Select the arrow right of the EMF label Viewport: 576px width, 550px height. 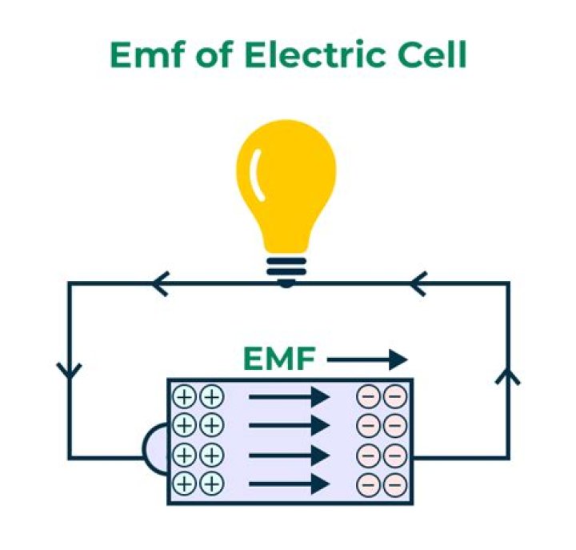(x=367, y=360)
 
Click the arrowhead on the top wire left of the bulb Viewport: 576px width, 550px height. (x=160, y=283)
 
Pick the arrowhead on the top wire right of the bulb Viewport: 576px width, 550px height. (x=418, y=283)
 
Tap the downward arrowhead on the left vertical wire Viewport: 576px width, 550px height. (x=69, y=371)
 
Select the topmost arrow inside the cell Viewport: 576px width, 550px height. (x=289, y=396)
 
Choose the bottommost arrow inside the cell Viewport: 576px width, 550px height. (x=289, y=484)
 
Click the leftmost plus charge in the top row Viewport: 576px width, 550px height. (x=185, y=397)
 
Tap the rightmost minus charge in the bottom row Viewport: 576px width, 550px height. (x=394, y=484)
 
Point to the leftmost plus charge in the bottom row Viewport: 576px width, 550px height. (x=185, y=484)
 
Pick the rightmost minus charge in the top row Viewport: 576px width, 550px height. (x=394, y=397)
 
